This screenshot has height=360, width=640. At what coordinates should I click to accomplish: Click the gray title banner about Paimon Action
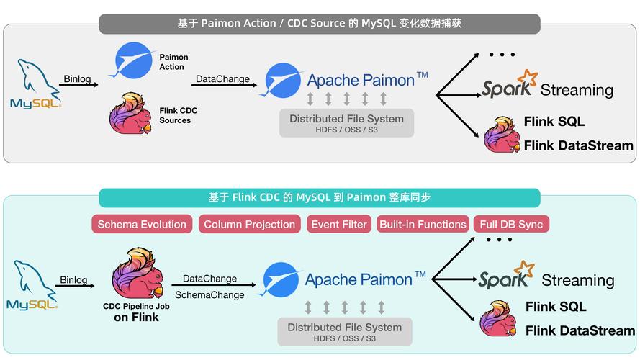[320, 24]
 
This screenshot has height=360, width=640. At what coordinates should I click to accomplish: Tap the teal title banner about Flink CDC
[320, 197]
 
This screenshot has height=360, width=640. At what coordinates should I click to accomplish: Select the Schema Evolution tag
[142, 224]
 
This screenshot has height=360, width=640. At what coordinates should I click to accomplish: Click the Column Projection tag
[249, 224]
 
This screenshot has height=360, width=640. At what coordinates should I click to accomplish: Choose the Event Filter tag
[339, 224]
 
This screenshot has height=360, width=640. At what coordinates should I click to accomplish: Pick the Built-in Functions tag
[423, 224]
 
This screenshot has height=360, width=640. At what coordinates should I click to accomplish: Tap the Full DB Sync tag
[511, 224]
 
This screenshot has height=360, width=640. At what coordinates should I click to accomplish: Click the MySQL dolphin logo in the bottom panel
[32, 285]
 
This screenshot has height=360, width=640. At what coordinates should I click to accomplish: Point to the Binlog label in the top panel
[76, 78]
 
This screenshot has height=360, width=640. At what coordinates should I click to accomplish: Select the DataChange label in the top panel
[222, 78]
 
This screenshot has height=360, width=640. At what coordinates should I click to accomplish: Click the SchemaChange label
[209, 294]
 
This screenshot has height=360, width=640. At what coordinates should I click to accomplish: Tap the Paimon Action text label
[173, 62]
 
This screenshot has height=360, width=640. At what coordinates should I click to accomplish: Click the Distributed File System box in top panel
[346, 123]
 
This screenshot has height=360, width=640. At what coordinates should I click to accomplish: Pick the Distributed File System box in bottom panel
[344, 331]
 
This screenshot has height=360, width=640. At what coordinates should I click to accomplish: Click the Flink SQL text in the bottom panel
[555, 307]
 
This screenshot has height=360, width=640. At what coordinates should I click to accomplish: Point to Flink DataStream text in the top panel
[578, 145]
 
